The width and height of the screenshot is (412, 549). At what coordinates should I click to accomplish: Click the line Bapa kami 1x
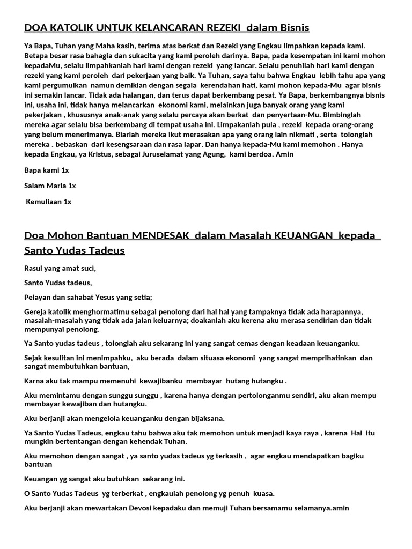click(47, 170)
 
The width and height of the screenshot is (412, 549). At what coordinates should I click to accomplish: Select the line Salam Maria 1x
click(50, 186)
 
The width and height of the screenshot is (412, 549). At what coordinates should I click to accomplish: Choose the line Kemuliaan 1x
click(49, 202)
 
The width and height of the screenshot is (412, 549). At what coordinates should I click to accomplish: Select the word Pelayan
click(38, 297)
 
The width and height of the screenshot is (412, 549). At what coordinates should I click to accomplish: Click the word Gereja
click(37, 311)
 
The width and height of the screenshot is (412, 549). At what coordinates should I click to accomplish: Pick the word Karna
click(34, 381)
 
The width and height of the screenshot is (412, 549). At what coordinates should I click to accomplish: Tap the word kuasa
click(263, 493)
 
